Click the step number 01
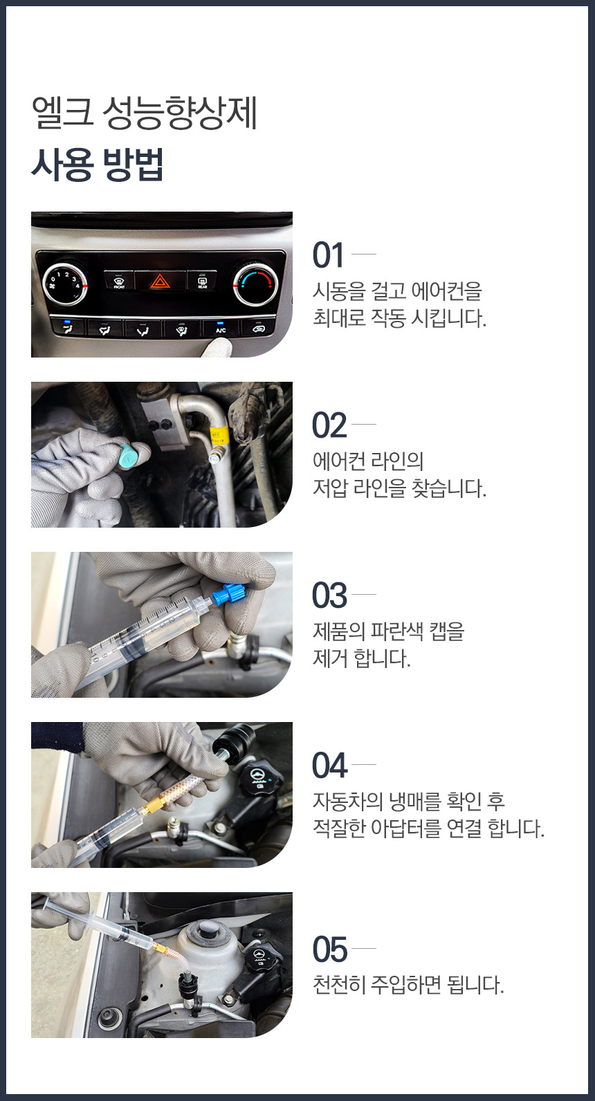coord(328,255)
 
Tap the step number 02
coord(329,425)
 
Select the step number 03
coord(329,595)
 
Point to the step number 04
coord(330,766)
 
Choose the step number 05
coord(330,949)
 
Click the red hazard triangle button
coord(160,281)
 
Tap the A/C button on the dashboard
coord(221,328)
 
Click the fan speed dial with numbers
coord(64,284)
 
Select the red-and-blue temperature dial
coord(255,284)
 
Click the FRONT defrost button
coord(119,281)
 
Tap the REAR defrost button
coord(202,281)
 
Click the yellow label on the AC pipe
coord(217,436)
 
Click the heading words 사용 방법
coord(97,165)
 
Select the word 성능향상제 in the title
coord(179,113)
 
